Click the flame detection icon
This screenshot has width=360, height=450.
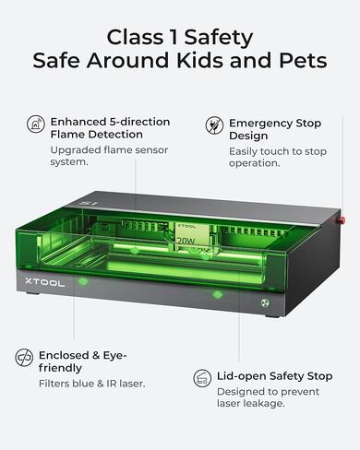tap(36, 124)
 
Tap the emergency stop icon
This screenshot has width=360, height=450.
tap(214, 125)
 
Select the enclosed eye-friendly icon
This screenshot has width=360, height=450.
tap(24, 358)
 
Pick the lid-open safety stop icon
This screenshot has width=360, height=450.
tap(202, 378)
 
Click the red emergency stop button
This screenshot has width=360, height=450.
tap(341, 219)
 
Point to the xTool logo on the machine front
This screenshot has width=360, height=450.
tap(44, 282)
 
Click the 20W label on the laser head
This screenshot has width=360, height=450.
tap(186, 241)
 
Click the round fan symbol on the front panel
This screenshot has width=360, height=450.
tap(265, 302)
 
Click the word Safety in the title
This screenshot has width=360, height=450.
tap(219, 38)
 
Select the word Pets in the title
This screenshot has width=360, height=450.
tap(303, 60)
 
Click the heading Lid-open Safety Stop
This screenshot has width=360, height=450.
tap(274, 376)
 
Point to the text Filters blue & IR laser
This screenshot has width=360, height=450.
tap(91, 384)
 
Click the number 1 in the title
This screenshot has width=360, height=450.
tap(174, 37)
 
